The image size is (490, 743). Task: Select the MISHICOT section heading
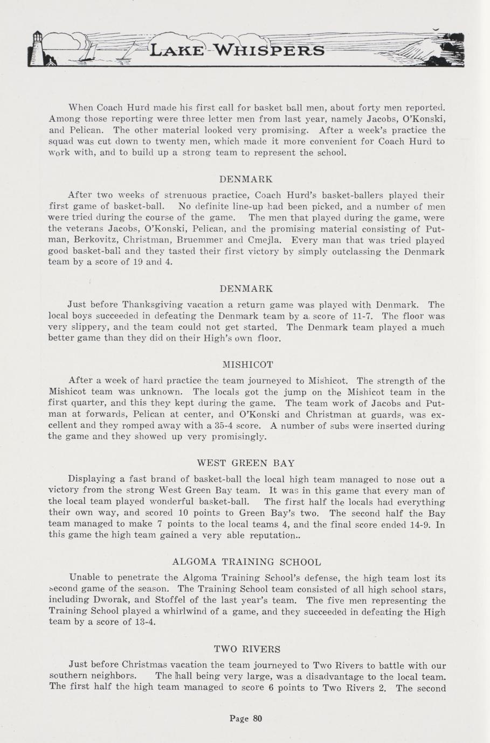pyautogui.click(x=245, y=365)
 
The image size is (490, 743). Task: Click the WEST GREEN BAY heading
pyautogui.click(x=246, y=463)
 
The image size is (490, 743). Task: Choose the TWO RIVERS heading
pyautogui.click(x=247, y=649)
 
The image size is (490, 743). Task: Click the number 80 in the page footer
pyautogui.click(x=257, y=718)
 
